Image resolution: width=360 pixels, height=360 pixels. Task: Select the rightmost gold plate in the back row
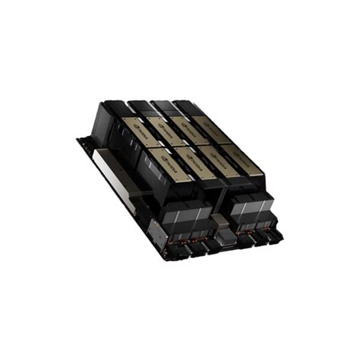[211, 130]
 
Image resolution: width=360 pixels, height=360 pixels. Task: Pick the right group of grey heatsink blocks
[250, 207]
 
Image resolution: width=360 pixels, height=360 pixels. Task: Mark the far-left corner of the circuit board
[78, 140]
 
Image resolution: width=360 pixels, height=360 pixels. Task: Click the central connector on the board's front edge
[225, 244]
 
